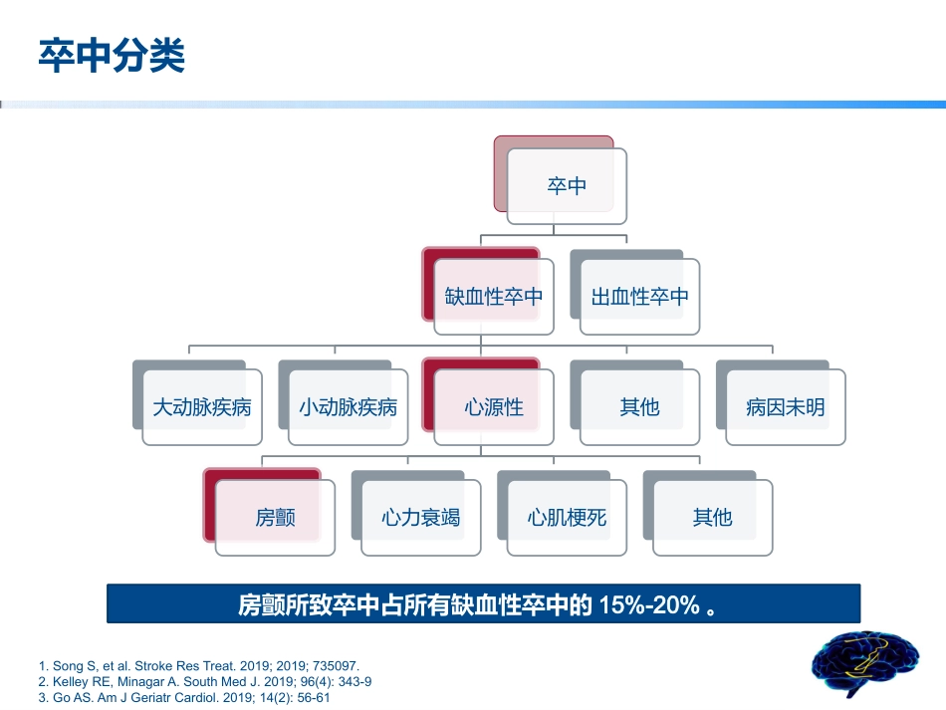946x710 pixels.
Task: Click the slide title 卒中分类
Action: pyautogui.click(x=112, y=57)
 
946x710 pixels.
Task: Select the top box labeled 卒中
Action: pyautogui.click(x=567, y=186)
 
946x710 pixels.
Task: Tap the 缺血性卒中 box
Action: pyautogui.click(x=494, y=297)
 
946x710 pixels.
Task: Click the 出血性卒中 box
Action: pyautogui.click(x=639, y=297)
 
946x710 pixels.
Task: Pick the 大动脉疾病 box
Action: pyautogui.click(x=201, y=407)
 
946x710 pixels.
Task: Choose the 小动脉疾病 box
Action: pyautogui.click(x=348, y=407)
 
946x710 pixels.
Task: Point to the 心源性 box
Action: pyautogui.click(x=494, y=407)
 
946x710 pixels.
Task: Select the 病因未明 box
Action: pyautogui.click(x=786, y=407)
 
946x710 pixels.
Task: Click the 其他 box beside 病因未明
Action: pyautogui.click(x=639, y=407)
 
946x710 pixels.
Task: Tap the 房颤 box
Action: pyautogui.click(x=275, y=518)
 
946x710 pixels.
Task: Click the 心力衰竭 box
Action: pyautogui.click(x=420, y=518)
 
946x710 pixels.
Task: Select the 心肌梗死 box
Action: pyautogui.click(x=567, y=518)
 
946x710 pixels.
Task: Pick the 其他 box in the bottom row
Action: pyautogui.click(x=712, y=518)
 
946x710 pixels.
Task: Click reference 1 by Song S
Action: pyautogui.click(x=198, y=665)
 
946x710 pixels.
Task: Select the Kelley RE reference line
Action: pyautogui.click(x=204, y=682)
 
